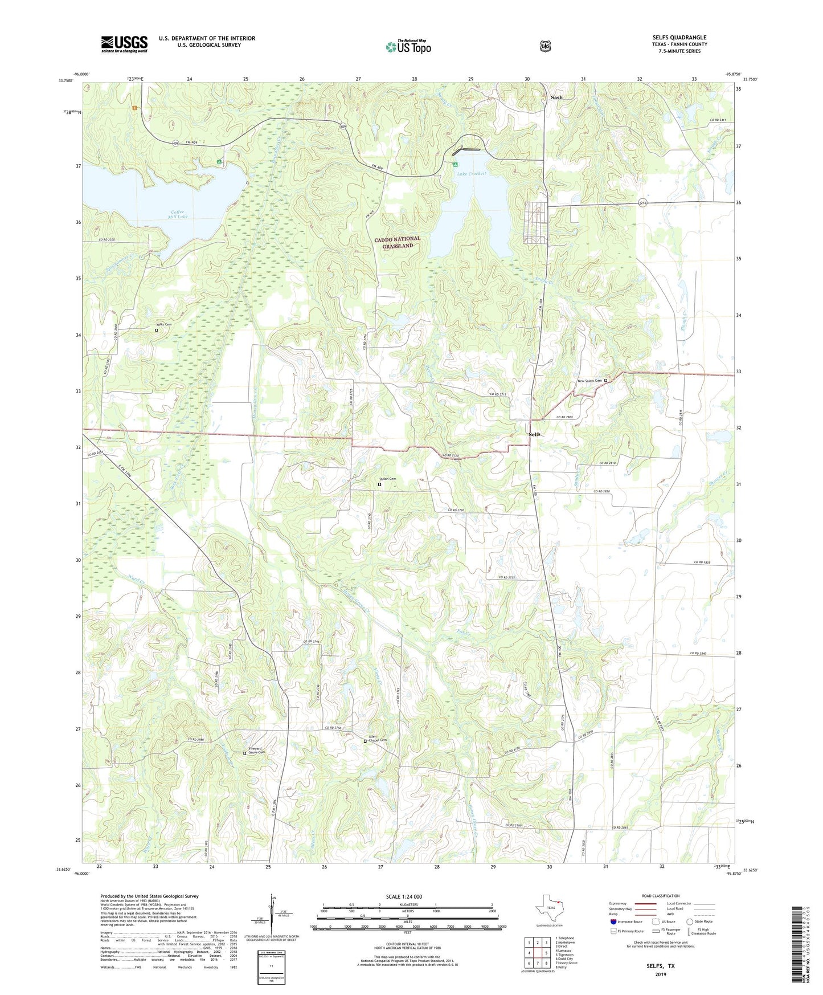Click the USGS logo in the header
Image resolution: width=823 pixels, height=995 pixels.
[124, 44]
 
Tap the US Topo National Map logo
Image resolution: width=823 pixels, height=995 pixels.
[408, 46]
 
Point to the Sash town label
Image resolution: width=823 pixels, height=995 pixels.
[556, 97]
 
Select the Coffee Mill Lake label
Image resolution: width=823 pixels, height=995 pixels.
[178, 214]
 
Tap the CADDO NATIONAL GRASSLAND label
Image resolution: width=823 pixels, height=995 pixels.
[398, 242]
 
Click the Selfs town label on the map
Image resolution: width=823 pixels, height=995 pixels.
[534, 434]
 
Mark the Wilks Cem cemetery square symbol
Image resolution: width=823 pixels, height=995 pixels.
[157, 330]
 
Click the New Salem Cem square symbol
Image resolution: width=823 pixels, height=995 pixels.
[606, 381]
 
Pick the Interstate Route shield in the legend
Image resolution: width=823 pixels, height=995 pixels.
[613, 921]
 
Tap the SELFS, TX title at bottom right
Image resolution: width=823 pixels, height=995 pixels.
[660, 967]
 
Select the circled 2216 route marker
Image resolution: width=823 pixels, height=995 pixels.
[642, 203]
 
